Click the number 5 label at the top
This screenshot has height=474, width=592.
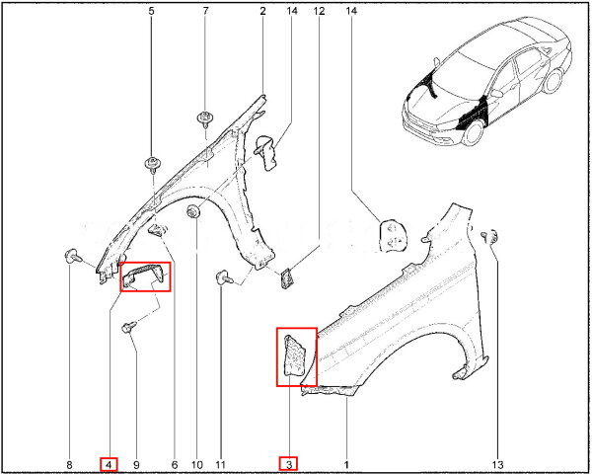point(151,11)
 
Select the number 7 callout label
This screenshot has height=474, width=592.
point(205,11)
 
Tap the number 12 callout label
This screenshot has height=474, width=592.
point(319,11)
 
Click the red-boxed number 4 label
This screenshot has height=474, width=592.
point(109,464)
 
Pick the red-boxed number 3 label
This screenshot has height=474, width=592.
point(289,464)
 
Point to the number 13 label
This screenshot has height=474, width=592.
point(497,464)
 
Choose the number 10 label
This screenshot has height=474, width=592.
point(197,464)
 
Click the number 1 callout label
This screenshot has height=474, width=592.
point(346,464)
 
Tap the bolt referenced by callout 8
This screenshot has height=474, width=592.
point(73,257)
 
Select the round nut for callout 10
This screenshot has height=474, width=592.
point(193,211)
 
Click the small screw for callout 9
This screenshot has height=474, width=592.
point(129,327)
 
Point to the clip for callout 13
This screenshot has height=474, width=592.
point(490,236)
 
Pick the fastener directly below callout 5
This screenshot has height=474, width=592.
point(154,165)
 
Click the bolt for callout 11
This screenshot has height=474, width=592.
point(225,277)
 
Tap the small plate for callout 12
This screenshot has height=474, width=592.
point(286,278)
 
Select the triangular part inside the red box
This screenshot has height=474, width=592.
point(295,355)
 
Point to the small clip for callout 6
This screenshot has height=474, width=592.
point(158,229)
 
